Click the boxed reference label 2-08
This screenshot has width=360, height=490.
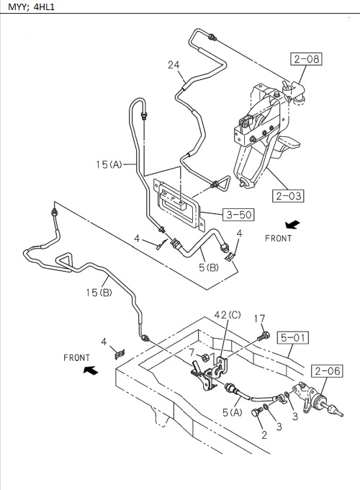[306, 60]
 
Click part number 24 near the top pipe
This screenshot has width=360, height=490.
[174, 65]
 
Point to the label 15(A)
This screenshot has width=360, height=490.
[108, 164]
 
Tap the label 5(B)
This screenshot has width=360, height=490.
[209, 269]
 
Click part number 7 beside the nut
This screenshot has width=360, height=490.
[193, 352]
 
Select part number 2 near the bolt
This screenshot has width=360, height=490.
[264, 435]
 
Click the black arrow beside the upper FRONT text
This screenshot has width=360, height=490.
[292, 224]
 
